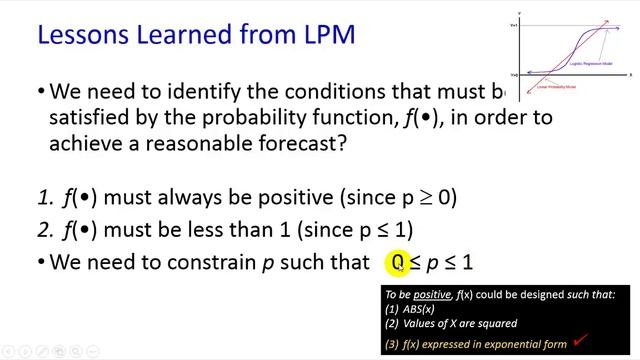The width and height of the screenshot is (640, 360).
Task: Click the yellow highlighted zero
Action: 397,263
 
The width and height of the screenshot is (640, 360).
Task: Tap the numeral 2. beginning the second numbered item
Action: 43,230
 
